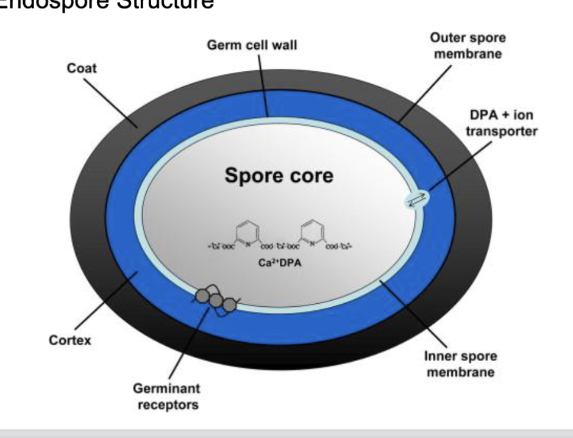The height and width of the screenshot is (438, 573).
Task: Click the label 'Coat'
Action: point(82,68)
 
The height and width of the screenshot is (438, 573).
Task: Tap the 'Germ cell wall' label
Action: point(252,46)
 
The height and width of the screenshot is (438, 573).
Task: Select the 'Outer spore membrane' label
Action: point(468,46)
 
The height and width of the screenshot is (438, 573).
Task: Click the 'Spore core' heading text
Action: point(279,176)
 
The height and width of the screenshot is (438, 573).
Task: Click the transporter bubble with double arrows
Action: point(416,199)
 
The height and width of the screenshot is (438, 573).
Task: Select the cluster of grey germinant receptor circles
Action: point(216,300)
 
